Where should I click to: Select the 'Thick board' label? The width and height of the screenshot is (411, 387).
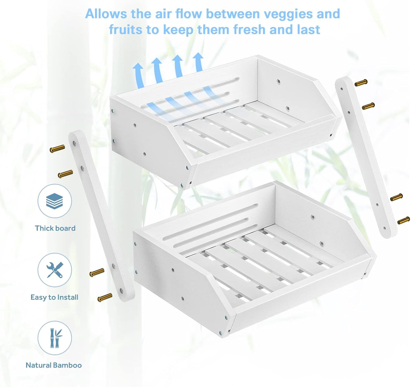[x=55, y=228]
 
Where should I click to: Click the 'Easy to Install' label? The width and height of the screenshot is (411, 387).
[x=54, y=297]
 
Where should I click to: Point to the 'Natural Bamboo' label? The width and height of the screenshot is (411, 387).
[x=53, y=365]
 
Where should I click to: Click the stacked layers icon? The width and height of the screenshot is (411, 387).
[x=54, y=201]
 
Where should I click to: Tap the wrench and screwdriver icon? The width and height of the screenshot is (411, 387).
[x=55, y=270]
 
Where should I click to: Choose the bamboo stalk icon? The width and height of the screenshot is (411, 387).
[x=55, y=338]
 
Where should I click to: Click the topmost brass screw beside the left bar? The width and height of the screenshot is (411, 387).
[x=57, y=148]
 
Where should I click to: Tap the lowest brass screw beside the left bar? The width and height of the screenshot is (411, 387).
[x=105, y=297]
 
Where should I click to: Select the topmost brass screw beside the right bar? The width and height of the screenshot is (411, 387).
[x=361, y=82]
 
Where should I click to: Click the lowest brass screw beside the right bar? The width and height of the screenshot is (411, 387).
[x=404, y=220]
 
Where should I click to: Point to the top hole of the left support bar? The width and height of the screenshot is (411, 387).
[x=74, y=143]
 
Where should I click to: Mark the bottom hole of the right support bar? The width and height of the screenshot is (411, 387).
[x=385, y=228]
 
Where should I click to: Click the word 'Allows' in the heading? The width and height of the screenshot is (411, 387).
[x=106, y=14]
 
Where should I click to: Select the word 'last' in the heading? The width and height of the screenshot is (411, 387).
[x=309, y=29]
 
